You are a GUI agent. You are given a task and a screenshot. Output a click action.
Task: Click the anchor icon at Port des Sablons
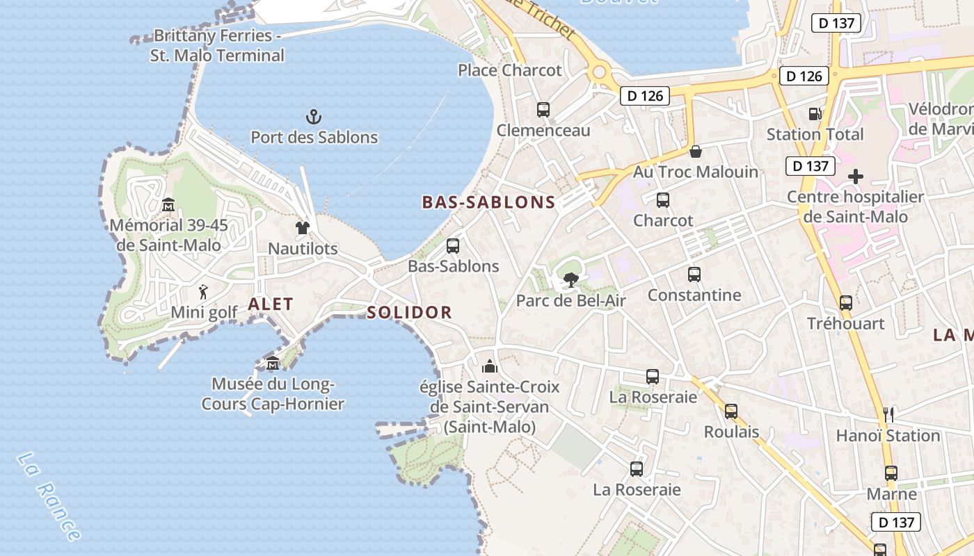[x=314, y=116]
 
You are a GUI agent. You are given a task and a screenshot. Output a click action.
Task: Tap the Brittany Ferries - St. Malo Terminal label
[x=218, y=45]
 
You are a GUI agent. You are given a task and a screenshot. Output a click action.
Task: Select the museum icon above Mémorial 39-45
[x=168, y=204]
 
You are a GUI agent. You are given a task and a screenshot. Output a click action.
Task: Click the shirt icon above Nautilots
[x=302, y=227]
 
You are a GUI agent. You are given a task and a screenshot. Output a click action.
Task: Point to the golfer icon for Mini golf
[x=203, y=291]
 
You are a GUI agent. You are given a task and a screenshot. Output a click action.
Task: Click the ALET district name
[x=271, y=304]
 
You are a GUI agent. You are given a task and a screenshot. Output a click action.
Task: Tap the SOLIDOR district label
[x=409, y=312]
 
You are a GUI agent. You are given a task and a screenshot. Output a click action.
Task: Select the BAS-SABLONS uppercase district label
[x=488, y=202]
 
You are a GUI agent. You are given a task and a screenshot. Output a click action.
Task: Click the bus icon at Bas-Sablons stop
[x=453, y=245]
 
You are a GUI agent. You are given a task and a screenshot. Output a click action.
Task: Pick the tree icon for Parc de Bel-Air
[x=570, y=279]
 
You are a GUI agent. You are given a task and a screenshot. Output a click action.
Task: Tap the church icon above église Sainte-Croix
[x=490, y=366]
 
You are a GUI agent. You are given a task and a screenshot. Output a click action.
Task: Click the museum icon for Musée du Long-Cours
[x=273, y=363]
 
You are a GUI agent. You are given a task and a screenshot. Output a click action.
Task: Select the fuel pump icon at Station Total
[x=815, y=113]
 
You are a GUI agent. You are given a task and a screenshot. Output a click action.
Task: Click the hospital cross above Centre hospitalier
[x=856, y=177]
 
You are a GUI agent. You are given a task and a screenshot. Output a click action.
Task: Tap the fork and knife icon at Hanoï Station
[x=888, y=415]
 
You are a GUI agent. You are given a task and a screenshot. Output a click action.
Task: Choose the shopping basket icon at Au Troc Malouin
[x=695, y=152]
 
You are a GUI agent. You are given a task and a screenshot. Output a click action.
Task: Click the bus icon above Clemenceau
[x=543, y=110]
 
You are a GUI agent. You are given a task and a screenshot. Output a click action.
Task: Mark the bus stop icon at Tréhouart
[x=846, y=302]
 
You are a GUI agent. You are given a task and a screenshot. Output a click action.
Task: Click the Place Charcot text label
[x=509, y=70]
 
